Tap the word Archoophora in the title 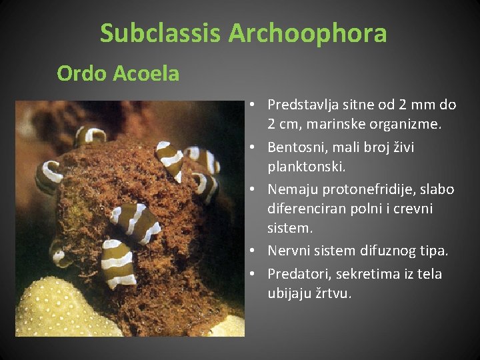307,33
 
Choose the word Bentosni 295,147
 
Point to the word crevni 413,209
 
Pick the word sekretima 363,274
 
